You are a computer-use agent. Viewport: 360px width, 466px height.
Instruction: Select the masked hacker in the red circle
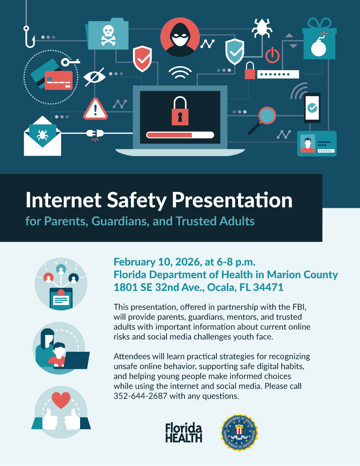(x=180, y=37)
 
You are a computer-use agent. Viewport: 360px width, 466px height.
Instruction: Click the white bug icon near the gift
(x=261, y=27)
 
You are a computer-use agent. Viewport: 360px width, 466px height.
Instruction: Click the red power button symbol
(x=272, y=55)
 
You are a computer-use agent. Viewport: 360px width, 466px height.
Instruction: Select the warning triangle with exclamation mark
(x=95, y=109)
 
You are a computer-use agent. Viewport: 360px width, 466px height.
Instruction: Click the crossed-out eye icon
(x=95, y=77)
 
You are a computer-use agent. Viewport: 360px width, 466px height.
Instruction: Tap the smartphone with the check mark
(x=312, y=108)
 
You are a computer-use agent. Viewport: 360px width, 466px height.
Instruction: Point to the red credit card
(x=58, y=81)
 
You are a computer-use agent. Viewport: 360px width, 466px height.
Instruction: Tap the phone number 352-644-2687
(x=140, y=396)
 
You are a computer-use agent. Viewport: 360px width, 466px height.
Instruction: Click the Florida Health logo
(x=184, y=432)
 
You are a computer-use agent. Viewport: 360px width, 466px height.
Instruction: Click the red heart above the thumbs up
(x=61, y=399)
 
